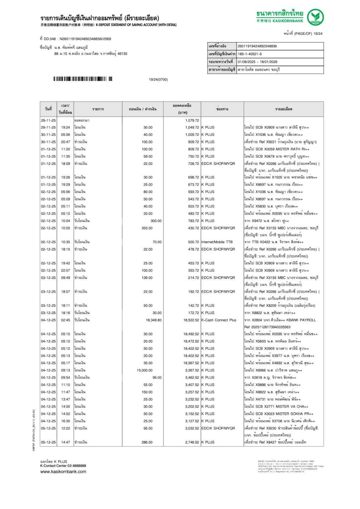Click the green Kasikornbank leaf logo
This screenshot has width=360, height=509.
point(315,17)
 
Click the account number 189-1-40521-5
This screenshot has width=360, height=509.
point(250,54)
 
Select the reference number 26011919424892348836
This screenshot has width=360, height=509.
point(257,46)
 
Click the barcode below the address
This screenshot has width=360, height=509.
point(83,79)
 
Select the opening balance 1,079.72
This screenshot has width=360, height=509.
point(192,120)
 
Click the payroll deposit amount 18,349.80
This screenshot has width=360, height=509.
point(154,320)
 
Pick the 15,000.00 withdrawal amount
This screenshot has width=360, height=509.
point(145,370)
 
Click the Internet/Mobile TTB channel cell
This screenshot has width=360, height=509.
point(217,242)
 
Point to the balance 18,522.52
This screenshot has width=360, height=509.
point(191,320)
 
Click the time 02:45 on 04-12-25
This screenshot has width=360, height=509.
point(66,320)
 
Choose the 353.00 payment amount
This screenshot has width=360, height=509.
point(147,228)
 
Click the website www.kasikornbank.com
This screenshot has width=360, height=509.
point(63,472)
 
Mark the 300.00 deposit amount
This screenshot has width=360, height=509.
point(156,221)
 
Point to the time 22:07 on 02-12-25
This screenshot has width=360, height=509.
point(66,270)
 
